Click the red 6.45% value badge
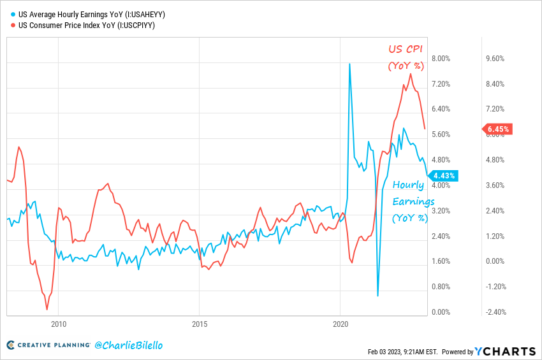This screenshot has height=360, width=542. pos(497,129)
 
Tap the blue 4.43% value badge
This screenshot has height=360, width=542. pos(443,176)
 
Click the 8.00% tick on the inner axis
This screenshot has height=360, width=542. pos(441,59)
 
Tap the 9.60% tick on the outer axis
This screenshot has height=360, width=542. pos(495,59)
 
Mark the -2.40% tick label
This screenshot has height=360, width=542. pos(495,312)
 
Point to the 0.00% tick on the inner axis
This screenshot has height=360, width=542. pos(441,312)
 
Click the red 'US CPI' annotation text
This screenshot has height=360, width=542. pos(406,49)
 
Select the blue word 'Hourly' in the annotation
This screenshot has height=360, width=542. pos(408,185)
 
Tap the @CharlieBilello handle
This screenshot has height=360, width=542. pos(128,345)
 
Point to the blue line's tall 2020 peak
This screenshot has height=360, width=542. pos(349,64)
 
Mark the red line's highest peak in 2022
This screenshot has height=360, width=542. pos(410,74)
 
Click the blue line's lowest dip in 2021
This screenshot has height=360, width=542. pos(378,296)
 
